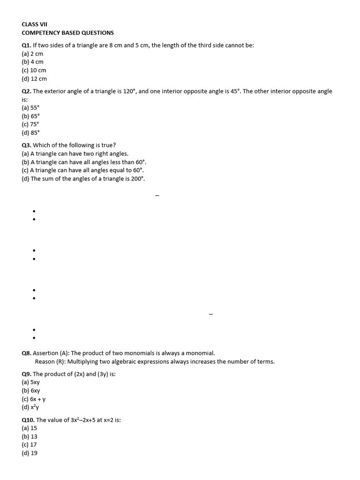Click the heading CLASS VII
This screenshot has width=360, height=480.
35,24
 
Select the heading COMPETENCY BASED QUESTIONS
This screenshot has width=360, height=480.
67,33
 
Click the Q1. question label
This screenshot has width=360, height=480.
26,45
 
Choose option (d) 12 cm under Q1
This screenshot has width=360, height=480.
34,79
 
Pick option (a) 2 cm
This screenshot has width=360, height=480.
32,54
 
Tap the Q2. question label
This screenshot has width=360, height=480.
26,91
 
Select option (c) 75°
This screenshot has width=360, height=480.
30,124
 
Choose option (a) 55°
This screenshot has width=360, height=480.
30,107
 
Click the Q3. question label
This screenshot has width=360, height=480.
26,145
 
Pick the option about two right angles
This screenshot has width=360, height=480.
75,154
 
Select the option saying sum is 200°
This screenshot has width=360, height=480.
83,179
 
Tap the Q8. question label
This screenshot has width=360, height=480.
26,353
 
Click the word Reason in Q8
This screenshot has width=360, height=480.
45,361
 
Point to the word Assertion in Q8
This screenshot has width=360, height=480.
45,353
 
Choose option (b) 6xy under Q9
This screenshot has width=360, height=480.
31,390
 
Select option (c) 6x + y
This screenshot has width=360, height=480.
34,399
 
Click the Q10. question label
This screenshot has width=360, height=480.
28,420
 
